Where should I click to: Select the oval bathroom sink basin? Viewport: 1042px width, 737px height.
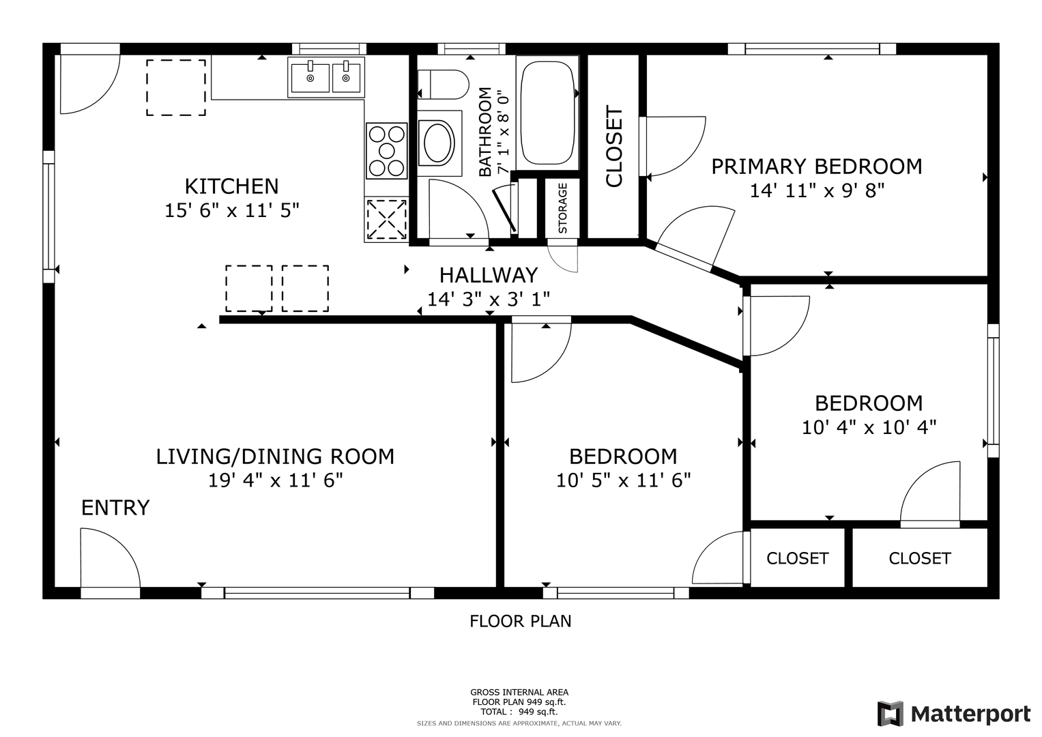[x=437, y=141]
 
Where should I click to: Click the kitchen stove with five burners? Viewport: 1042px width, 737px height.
[x=386, y=150]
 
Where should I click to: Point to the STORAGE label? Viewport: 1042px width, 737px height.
[x=562, y=208]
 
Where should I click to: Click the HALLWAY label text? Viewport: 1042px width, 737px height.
[x=489, y=276]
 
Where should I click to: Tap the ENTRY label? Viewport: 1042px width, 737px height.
[x=115, y=508]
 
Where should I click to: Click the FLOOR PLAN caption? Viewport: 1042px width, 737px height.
[x=520, y=621]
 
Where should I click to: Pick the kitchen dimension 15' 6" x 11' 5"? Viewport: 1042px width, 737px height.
[x=231, y=210]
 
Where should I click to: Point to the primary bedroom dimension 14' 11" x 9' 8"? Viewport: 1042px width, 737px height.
[x=817, y=191]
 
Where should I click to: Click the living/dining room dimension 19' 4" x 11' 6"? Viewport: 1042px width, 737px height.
[x=276, y=480]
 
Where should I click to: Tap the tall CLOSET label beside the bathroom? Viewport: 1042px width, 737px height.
[x=614, y=147]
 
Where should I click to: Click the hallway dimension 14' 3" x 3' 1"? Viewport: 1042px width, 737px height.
[x=489, y=299]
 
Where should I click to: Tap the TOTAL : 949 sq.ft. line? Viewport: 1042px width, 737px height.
[x=519, y=711]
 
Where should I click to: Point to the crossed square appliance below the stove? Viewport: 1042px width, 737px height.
[x=386, y=219]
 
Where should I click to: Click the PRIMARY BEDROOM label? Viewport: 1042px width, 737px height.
[x=817, y=167]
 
